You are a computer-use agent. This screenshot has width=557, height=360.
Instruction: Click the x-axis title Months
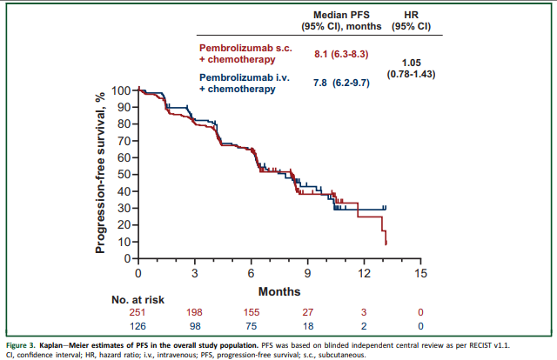[x=279, y=290]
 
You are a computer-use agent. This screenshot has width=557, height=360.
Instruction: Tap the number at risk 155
[x=252, y=312]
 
